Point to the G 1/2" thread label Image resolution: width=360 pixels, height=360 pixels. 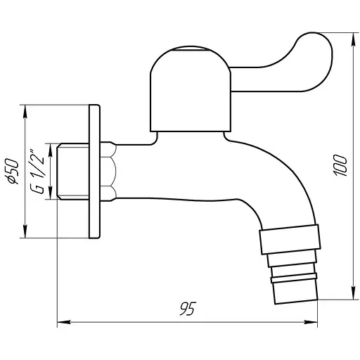pyautogui.click(x=41, y=172)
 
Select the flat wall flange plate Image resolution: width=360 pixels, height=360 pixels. pyautogui.click(x=94, y=172)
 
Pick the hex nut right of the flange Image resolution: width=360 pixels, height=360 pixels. pyautogui.click(x=108, y=172)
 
